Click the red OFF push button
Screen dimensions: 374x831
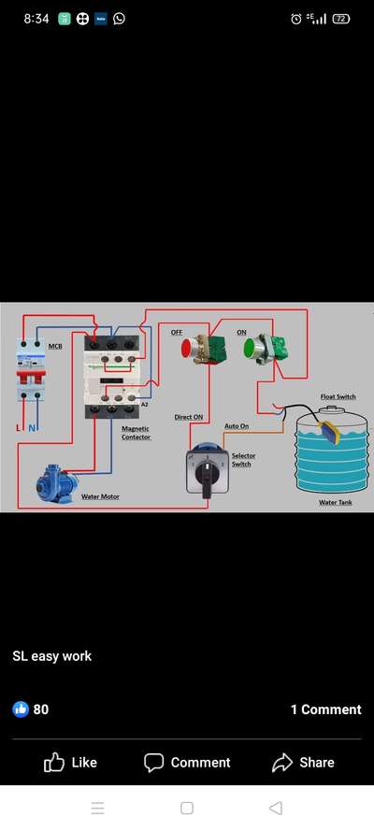[187, 348]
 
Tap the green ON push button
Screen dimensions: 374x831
[250, 348]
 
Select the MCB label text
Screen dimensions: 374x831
[55, 346]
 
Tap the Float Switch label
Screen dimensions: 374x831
[338, 396]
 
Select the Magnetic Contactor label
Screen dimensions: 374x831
[137, 433]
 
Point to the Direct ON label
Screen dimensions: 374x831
[189, 417]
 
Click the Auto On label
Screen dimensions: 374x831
[237, 425]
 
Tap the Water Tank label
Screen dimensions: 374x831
[336, 502]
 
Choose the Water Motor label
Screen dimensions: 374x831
[100, 496]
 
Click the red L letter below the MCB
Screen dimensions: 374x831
[19, 428]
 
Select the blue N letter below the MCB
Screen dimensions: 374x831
[32, 428]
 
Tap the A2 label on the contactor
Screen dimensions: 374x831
[144, 405]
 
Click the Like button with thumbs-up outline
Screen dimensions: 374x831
[70, 763]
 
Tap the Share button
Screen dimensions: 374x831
[303, 763]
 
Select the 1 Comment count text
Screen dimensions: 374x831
[325, 709]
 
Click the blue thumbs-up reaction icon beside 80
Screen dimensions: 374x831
[21, 709]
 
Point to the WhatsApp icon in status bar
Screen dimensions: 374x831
[119, 19]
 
